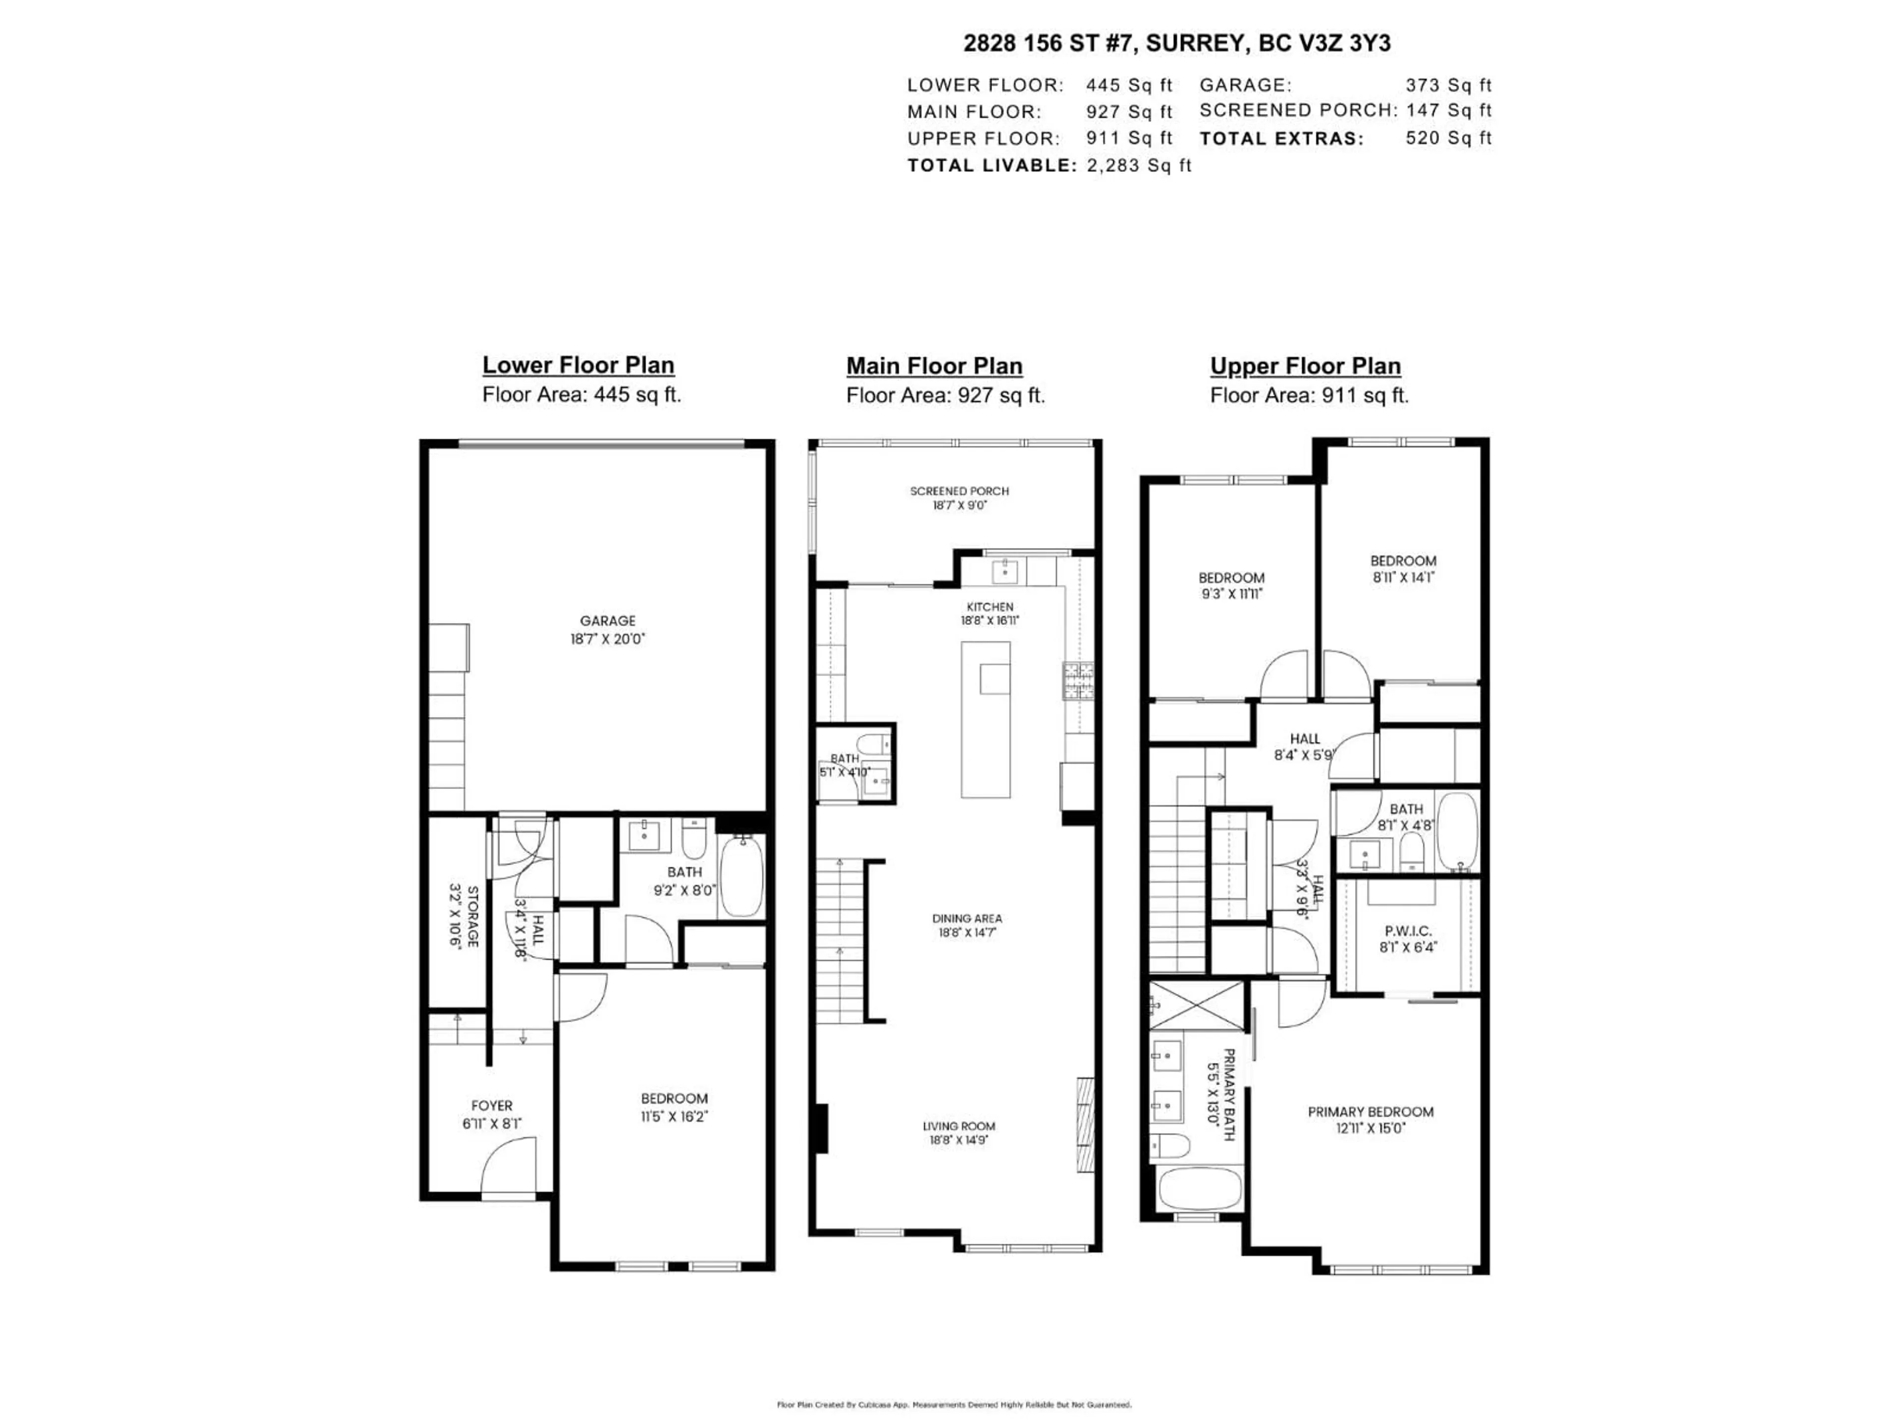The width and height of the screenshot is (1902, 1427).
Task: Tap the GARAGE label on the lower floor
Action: tap(607, 620)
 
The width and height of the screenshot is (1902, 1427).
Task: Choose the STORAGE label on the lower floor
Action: tap(472, 915)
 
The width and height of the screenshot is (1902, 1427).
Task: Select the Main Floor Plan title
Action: tap(934, 366)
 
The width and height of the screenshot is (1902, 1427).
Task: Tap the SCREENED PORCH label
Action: tap(959, 491)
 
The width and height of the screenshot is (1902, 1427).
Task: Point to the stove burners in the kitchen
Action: tap(1078, 681)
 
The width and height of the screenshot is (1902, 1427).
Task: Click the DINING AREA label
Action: tap(966, 918)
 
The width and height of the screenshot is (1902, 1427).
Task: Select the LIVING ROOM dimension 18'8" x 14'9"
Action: tap(959, 1140)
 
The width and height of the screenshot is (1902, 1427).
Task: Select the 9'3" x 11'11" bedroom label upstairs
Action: tap(1231, 594)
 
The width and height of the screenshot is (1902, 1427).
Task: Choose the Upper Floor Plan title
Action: tap(1305, 366)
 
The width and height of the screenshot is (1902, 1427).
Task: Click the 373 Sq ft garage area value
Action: tap(1448, 85)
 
